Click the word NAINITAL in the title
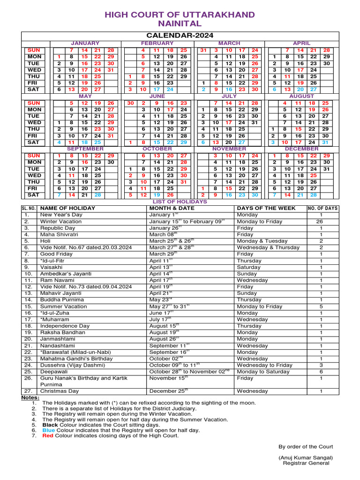tap(180, 23)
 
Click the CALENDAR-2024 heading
tap(180, 36)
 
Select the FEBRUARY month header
tap(157, 43)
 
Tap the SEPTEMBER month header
tap(85, 149)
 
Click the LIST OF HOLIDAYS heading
tap(180, 202)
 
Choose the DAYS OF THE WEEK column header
tap(266, 208)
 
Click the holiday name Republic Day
tap(58, 228)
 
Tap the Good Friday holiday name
tap(57, 254)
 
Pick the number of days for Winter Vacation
tap(321, 221)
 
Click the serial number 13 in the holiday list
tap(28, 293)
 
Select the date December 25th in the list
tap(168, 391)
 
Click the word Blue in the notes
tap(49, 430)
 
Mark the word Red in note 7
tap(48, 435)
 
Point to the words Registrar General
tap(306, 463)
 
